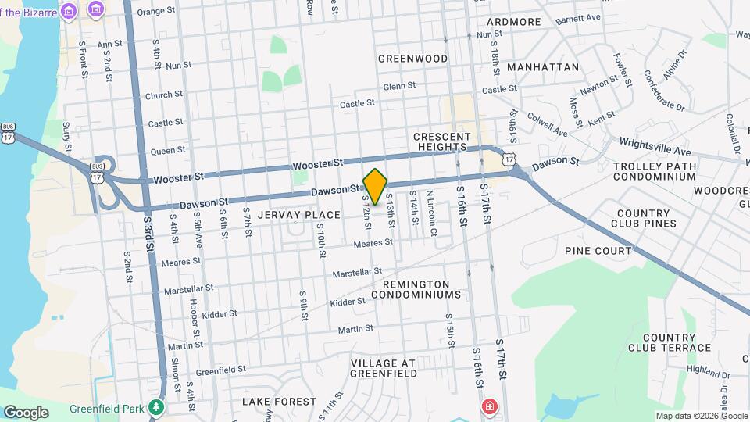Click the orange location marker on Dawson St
coord(376,186)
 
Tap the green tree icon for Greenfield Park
coord(157,407)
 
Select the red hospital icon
coord(490,407)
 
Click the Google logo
coord(26,412)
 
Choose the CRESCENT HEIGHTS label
coord(442,141)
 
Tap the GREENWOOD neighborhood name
coord(412,59)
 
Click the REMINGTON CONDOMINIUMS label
coord(416,289)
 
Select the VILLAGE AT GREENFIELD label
coord(395,369)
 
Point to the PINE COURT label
coord(598,251)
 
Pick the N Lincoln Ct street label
coord(431,213)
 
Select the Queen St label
coord(168,150)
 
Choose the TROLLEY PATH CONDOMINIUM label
coord(644,172)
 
